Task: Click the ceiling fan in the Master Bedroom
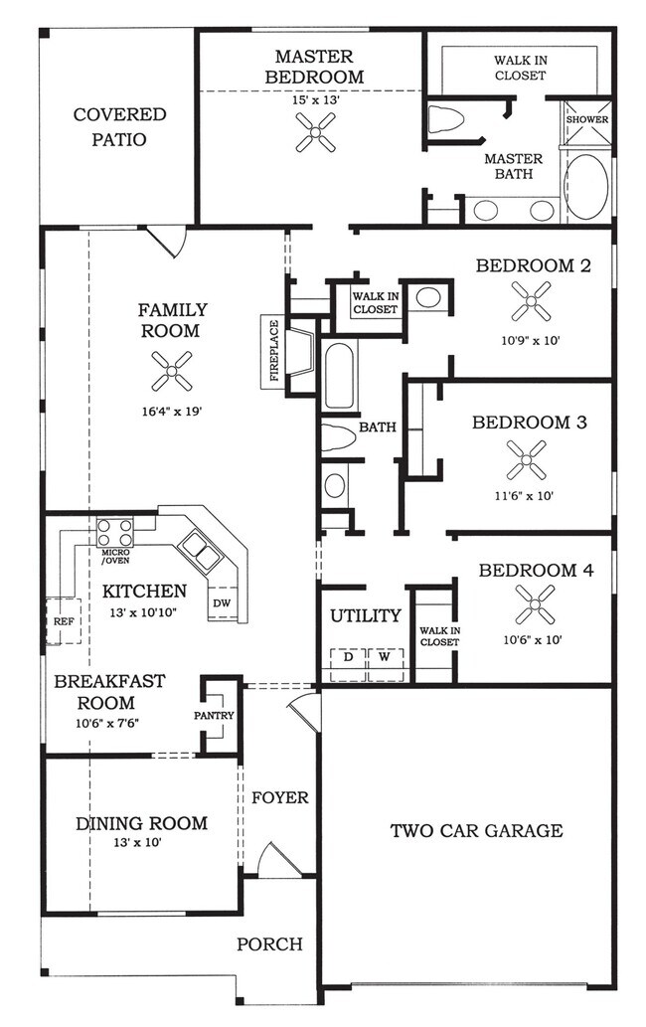315,130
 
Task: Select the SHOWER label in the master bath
587,119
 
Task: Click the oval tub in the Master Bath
586,186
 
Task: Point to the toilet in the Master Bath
447,120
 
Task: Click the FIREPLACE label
273,350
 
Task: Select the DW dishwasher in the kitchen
222,602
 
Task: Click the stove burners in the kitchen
115,529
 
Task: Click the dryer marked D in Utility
348,657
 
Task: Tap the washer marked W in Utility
384,657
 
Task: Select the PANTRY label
215,715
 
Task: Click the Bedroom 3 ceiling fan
526,459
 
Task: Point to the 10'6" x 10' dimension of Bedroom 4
536,639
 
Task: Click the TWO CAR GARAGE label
476,830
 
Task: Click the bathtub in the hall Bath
339,376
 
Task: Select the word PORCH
268,943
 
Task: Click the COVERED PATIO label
119,127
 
